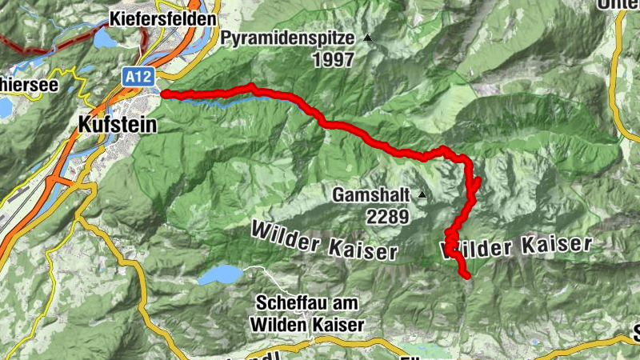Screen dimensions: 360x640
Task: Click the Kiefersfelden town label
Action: click(x=163, y=18)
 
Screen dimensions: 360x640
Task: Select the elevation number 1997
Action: click(x=334, y=60)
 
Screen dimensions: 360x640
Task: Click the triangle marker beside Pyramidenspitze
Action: click(x=368, y=38)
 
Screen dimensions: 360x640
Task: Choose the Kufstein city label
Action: click(x=118, y=125)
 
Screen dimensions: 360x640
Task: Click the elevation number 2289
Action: click(x=388, y=215)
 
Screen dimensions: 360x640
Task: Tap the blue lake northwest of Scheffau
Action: click(x=220, y=275)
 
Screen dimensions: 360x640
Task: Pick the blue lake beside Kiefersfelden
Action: click(x=103, y=38)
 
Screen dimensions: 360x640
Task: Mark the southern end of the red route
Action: click(x=466, y=276)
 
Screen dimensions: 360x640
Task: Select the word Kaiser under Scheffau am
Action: click(x=338, y=325)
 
